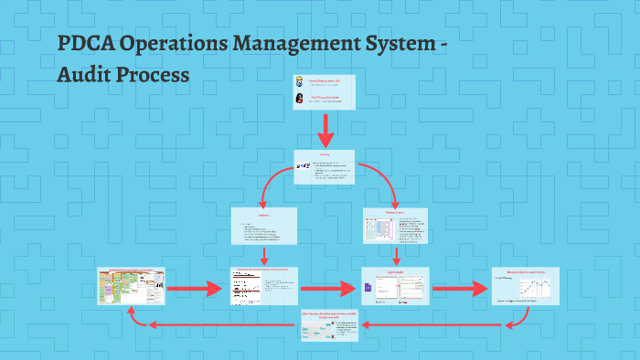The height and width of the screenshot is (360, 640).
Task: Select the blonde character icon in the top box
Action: click(299, 82)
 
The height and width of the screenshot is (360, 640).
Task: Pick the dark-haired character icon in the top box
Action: click(299, 98)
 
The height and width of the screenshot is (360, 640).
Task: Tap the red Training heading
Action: click(324, 155)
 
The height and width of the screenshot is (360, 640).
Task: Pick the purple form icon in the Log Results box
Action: click(368, 288)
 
